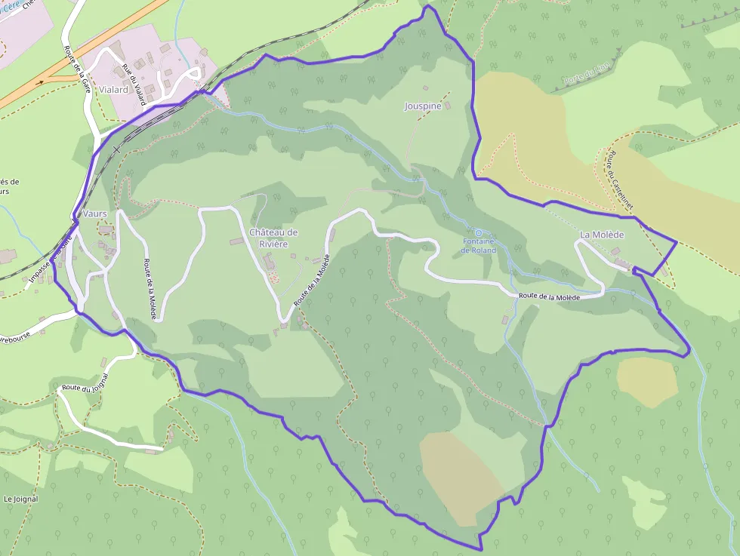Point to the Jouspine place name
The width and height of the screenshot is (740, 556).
coord(423,106)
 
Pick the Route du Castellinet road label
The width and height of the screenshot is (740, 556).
coord(618,180)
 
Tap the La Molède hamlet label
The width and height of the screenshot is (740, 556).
coord(600,235)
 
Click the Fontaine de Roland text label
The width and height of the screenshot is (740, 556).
coord(479,246)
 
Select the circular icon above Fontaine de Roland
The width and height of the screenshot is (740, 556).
coord(478,232)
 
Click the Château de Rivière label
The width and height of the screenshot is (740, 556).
coord(273,238)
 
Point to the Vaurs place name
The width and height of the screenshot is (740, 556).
coord(95,214)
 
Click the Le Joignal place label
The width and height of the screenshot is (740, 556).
coord(20,499)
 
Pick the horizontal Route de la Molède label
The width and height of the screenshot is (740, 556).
coord(549,297)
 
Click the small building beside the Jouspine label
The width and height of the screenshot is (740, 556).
coord(447,106)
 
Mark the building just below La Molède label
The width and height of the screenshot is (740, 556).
coord(615,250)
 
